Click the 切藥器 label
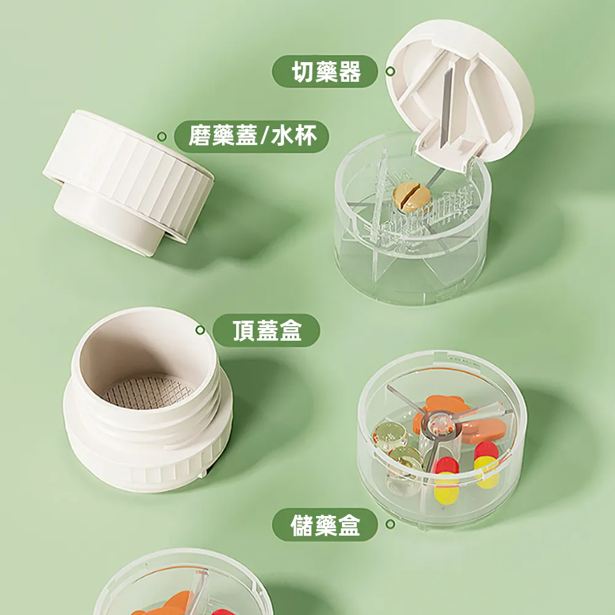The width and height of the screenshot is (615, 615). point(325,72)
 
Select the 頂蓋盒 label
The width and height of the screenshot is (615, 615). point(266,331)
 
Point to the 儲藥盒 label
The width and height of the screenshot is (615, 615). point(325,525)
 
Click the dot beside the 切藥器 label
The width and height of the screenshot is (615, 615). point(390,71)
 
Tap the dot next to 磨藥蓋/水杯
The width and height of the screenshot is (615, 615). point(162,136)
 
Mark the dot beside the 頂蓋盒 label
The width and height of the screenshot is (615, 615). point(200,330)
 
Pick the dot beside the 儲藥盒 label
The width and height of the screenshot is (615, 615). point(390,525)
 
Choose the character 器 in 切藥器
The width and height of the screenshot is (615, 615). point(349,72)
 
